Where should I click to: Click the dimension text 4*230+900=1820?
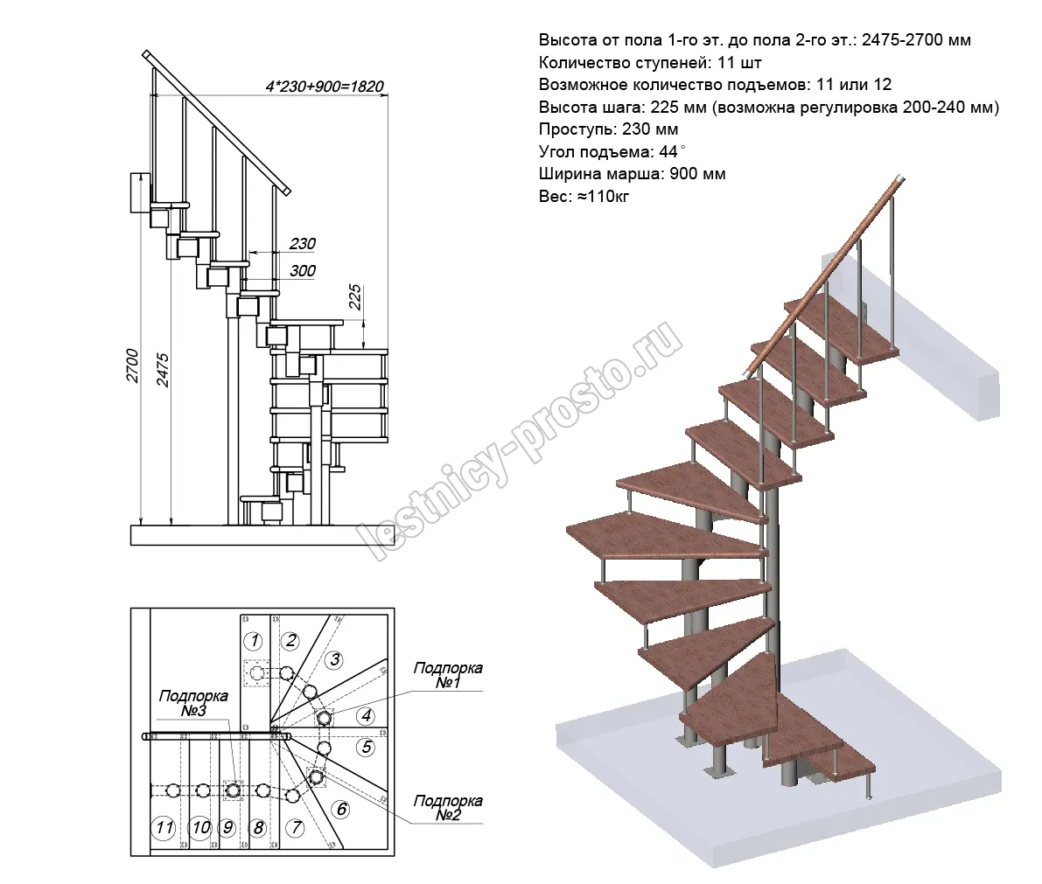pyautogui.click(x=324, y=87)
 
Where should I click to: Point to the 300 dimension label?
pyautogui.click(x=302, y=271)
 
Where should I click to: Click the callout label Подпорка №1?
pyautogui.click(x=447, y=675)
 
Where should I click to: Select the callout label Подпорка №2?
pyautogui.click(x=447, y=808)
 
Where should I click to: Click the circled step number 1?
pyautogui.click(x=253, y=641)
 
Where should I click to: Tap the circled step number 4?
pyautogui.click(x=367, y=716)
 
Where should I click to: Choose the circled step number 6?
pyautogui.click(x=342, y=810)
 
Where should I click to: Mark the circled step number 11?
pyautogui.click(x=163, y=827)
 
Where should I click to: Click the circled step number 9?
pyautogui.click(x=227, y=827)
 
